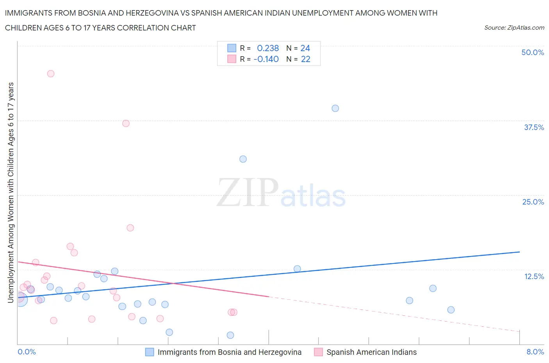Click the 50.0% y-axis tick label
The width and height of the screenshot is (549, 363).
[x=532, y=52]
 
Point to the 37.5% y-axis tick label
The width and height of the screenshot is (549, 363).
[x=533, y=127]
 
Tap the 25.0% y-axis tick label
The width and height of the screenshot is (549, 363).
[x=533, y=202]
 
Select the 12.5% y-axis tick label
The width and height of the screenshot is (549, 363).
[x=533, y=276]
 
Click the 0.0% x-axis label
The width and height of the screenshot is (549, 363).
[x=27, y=352]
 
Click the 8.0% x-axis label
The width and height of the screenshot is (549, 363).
[x=535, y=352]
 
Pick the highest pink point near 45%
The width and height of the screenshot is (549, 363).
[x=51, y=74]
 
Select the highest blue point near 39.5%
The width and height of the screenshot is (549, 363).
[x=335, y=109]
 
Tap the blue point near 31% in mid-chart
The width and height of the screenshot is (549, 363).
[x=243, y=159]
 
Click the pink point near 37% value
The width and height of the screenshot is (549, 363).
[x=126, y=123]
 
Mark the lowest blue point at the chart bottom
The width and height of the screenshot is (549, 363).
[x=230, y=335]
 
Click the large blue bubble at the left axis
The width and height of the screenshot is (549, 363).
[x=20, y=299]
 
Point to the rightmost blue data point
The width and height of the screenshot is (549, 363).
[x=451, y=310]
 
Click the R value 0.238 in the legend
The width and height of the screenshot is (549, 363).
[x=267, y=48]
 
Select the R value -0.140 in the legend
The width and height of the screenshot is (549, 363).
[x=266, y=59]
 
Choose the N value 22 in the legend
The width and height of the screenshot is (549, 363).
[x=305, y=59]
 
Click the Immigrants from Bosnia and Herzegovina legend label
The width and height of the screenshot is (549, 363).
[x=229, y=352]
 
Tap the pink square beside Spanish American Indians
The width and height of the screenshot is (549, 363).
[x=318, y=352]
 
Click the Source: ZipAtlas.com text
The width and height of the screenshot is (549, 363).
[x=514, y=28]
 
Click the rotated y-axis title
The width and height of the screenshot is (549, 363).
[x=11, y=192]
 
